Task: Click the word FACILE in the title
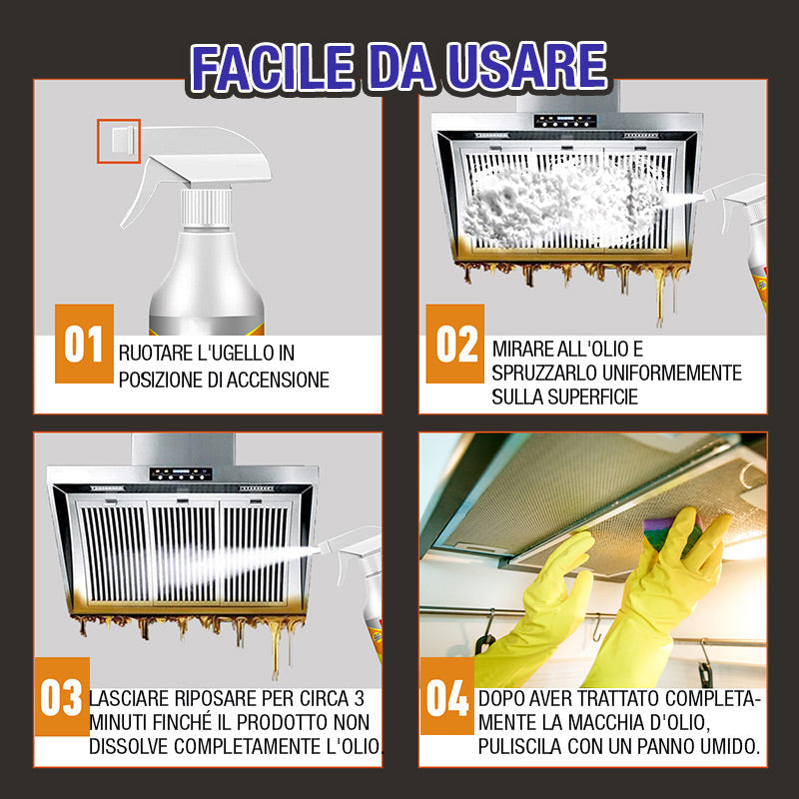coord(272,68)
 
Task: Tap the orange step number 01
coord(84,344)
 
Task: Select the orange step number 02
coord(455,344)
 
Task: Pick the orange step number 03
coord(62,696)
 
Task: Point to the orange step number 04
coord(446,696)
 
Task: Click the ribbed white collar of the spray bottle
coord(207,208)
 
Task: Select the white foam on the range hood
coord(560,204)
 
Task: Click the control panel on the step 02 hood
coord(565,121)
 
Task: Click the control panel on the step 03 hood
coord(181,473)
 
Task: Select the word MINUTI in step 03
coord(119,722)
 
